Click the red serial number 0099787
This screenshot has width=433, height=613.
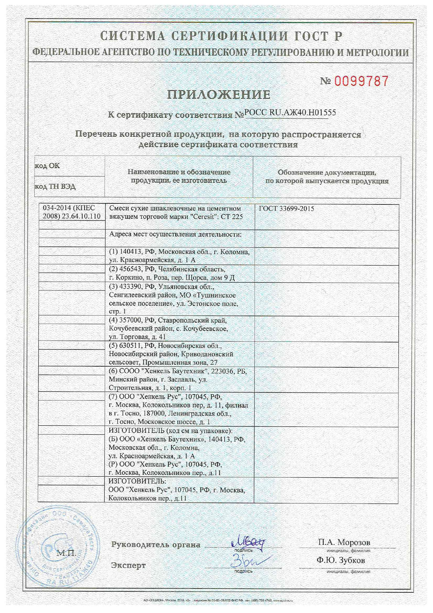(361, 81)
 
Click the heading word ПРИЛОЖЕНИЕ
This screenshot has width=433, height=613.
(219, 94)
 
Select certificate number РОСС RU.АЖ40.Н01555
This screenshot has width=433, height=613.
(290, 113)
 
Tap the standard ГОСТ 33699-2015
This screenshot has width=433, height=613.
(286, 209)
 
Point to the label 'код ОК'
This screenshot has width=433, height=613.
(47, 166)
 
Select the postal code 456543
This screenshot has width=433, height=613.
(131, 269)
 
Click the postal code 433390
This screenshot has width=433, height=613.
(131, 287)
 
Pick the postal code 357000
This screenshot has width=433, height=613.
(131, 320)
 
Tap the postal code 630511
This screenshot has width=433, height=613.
(131, 346)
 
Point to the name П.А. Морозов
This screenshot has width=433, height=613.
(344, 542)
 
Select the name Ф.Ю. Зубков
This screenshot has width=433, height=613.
(341, 560)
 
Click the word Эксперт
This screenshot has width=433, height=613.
(128, 565)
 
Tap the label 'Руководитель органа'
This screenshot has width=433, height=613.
(156, 545)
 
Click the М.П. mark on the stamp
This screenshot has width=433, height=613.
(66, 553)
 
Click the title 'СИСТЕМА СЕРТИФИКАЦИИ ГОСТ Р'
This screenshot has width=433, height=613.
(221, 36)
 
